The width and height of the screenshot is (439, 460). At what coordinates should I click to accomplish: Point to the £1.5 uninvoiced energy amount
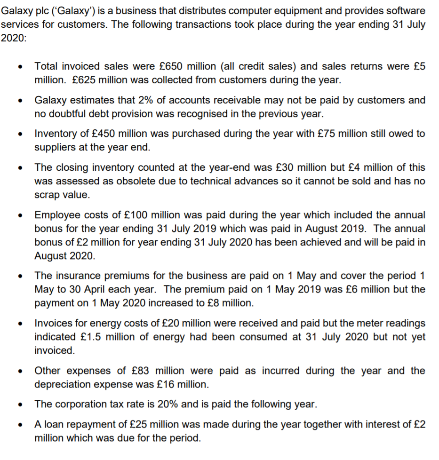click(92, 337)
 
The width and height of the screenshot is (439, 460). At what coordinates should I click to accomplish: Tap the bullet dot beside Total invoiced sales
click(19, 67)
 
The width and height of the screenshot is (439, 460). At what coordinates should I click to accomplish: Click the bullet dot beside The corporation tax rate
click(19, 405)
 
